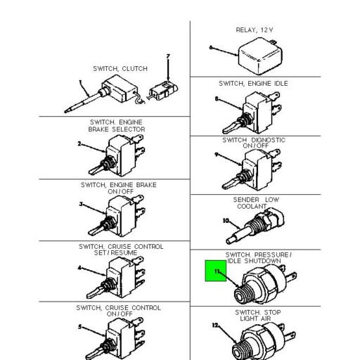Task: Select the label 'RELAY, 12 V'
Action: tap(255, 30)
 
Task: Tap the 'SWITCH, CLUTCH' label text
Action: tap(120, 68)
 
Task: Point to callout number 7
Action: tap(168, 56)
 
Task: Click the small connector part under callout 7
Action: tap(163, 92)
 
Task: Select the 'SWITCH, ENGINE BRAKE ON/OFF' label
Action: tap(118, 188)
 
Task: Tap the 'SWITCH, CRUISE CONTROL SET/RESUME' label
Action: tap(120, 250)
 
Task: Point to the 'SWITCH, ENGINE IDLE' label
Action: tap(253, 84)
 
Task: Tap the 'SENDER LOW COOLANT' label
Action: tap(255, 203)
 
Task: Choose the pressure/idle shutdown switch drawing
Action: tap(262, 288)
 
